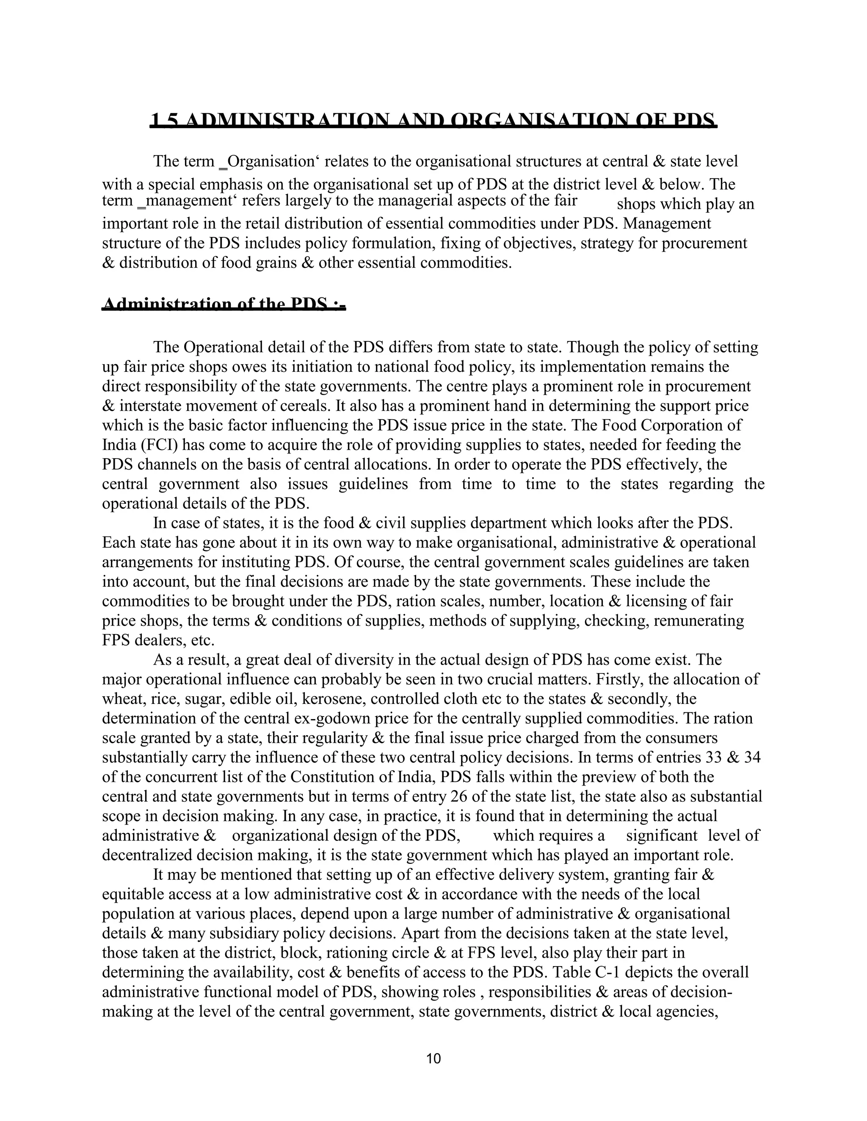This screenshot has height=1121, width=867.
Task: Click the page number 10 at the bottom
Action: pos(433,1058)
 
